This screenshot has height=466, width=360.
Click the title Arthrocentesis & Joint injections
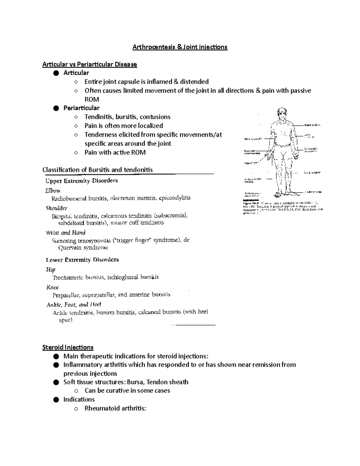tap(180, 47)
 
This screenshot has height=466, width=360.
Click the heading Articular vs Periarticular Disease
tap(90, 64)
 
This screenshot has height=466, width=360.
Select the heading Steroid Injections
tap(68, 347)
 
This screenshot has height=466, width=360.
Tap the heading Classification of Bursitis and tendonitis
tap(97, 170)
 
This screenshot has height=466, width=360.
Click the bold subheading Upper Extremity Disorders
tap(81, 181)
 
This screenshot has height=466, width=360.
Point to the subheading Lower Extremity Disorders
tap(82, 260)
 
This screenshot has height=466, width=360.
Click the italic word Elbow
tap(53, 191)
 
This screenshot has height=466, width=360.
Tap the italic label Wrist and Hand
tap(66, 233)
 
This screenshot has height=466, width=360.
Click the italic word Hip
tap(51, 269)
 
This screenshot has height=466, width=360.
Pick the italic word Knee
tap(52, 287)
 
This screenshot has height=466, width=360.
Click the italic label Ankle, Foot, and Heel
tap(74, 305)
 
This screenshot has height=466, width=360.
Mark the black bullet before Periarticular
tap(55, 108)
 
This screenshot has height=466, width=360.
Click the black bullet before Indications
tap(55, 399)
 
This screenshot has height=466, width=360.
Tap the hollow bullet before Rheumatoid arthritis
tap(76, 408)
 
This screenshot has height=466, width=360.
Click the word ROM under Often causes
tap(91, 99)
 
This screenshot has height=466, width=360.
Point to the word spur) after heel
tap(65, 320)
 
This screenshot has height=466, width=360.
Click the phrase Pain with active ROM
tap(115, 152)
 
